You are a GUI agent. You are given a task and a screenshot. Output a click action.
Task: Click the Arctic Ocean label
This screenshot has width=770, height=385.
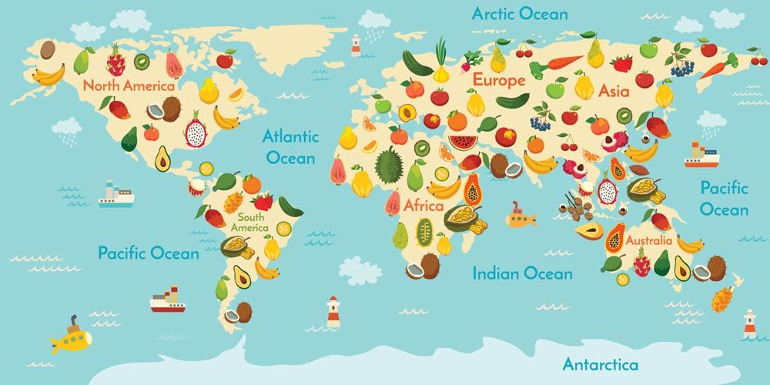point(520,14)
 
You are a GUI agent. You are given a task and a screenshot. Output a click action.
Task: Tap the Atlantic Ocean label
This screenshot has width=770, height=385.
point(290,146)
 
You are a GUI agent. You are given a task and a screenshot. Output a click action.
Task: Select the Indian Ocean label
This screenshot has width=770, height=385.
point(522,273)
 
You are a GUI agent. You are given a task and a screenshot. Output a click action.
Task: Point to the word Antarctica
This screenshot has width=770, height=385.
point(600,363)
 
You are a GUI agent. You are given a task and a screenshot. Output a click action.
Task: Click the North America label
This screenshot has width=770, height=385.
point(129,85)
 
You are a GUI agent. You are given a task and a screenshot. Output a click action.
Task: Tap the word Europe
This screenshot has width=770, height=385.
point(499,79)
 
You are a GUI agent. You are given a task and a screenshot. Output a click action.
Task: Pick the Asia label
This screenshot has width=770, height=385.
point(614,91)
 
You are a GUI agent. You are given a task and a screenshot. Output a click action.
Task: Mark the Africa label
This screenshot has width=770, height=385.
point(423,206)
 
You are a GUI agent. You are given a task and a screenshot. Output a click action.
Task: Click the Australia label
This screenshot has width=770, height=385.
point(648,240)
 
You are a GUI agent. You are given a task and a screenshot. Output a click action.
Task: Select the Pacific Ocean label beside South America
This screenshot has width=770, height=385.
point(148,253)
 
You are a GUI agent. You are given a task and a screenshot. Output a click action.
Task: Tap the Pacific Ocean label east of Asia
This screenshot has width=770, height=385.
point(724,198)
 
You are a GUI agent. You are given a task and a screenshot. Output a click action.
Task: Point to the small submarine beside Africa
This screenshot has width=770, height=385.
point(521,218)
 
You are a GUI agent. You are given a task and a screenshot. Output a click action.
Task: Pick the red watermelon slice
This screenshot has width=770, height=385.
point(463,142)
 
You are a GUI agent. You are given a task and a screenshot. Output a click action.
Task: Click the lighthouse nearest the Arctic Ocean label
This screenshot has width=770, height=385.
point(356,45)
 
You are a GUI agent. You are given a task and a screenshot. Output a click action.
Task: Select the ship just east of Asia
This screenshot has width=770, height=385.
point(701,156)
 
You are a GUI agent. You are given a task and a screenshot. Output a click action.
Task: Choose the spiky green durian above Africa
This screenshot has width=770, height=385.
point(389,164)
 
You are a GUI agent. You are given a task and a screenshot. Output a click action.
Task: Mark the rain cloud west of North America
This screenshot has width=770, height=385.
point(66,129)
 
